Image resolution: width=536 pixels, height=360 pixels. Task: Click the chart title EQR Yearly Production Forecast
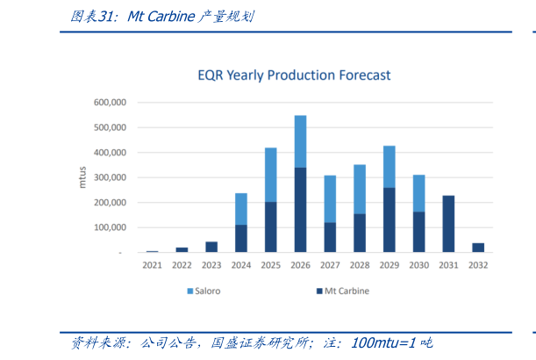coord(294,76)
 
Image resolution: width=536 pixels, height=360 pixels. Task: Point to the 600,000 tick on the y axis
coord(111,103)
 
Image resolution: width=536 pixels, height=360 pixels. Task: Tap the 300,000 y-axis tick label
coord(111,177)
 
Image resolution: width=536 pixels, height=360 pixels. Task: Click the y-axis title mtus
coord(82,177)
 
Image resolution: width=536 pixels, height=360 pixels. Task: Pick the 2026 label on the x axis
coord(300,265)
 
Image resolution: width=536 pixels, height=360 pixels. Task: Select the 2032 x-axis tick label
coord(478,265)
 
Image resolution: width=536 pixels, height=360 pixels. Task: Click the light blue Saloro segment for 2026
coord(300,140)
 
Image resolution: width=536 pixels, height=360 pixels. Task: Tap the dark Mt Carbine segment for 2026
coord(300,210)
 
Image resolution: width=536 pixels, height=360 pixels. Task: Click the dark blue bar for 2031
coord(448,224)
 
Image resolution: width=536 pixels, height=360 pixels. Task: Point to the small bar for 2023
coord(211,247)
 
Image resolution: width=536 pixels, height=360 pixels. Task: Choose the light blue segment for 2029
coord(389,167)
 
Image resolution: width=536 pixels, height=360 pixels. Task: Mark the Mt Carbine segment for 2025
coord(271,227)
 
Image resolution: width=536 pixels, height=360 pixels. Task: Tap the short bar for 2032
coord(478,248)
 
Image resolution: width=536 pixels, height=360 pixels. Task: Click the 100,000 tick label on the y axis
coord(111,227)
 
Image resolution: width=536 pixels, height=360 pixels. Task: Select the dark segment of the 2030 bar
coord(418,232)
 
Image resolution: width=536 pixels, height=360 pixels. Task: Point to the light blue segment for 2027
coord(330,198)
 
